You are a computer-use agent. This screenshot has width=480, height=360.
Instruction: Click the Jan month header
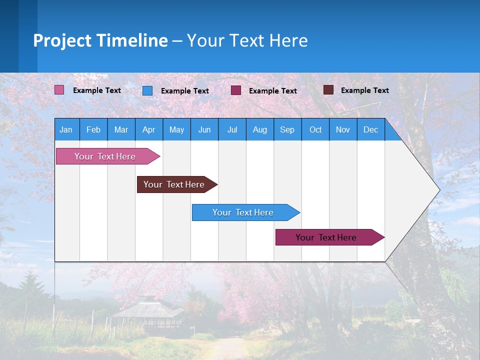(66, 129)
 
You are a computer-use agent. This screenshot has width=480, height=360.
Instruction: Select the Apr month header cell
(148, 129)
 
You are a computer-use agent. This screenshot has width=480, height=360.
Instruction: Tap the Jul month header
(232, 129)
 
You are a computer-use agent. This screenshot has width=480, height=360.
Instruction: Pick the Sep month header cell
(287, 129)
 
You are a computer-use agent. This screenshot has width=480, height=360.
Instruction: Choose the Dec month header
(370, 129)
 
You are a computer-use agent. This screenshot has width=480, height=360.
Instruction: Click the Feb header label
(93, 129)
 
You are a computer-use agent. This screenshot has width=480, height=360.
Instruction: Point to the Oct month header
(315, 129)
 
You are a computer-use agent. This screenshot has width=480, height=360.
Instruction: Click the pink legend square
(59, 90)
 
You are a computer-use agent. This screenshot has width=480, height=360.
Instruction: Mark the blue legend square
(147, 90)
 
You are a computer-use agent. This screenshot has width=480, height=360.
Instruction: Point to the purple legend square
(236, 90)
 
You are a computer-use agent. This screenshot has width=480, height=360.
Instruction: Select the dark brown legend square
(328, 90)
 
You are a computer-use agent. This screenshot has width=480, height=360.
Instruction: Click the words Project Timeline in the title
(100, 40)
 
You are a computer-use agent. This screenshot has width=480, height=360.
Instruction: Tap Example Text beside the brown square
(364, 90)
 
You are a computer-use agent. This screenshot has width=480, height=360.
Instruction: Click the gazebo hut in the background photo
(147, 312)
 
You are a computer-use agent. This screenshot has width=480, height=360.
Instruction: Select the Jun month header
(204, 129)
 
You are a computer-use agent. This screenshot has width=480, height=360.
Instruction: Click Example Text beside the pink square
(97, 90)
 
